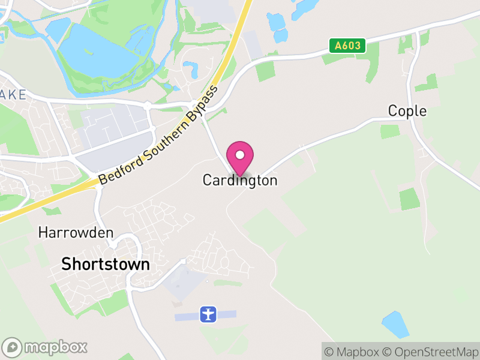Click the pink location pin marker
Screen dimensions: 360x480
240,158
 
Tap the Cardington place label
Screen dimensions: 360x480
240,180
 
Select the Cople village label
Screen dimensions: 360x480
407,111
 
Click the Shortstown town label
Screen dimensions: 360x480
106,264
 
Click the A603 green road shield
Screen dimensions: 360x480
347,45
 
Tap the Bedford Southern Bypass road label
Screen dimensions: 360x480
158,136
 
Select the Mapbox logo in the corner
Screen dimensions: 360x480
45,347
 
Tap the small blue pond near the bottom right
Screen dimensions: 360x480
395,324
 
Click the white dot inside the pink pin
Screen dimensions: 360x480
240,155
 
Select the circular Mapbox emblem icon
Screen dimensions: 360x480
13,347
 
